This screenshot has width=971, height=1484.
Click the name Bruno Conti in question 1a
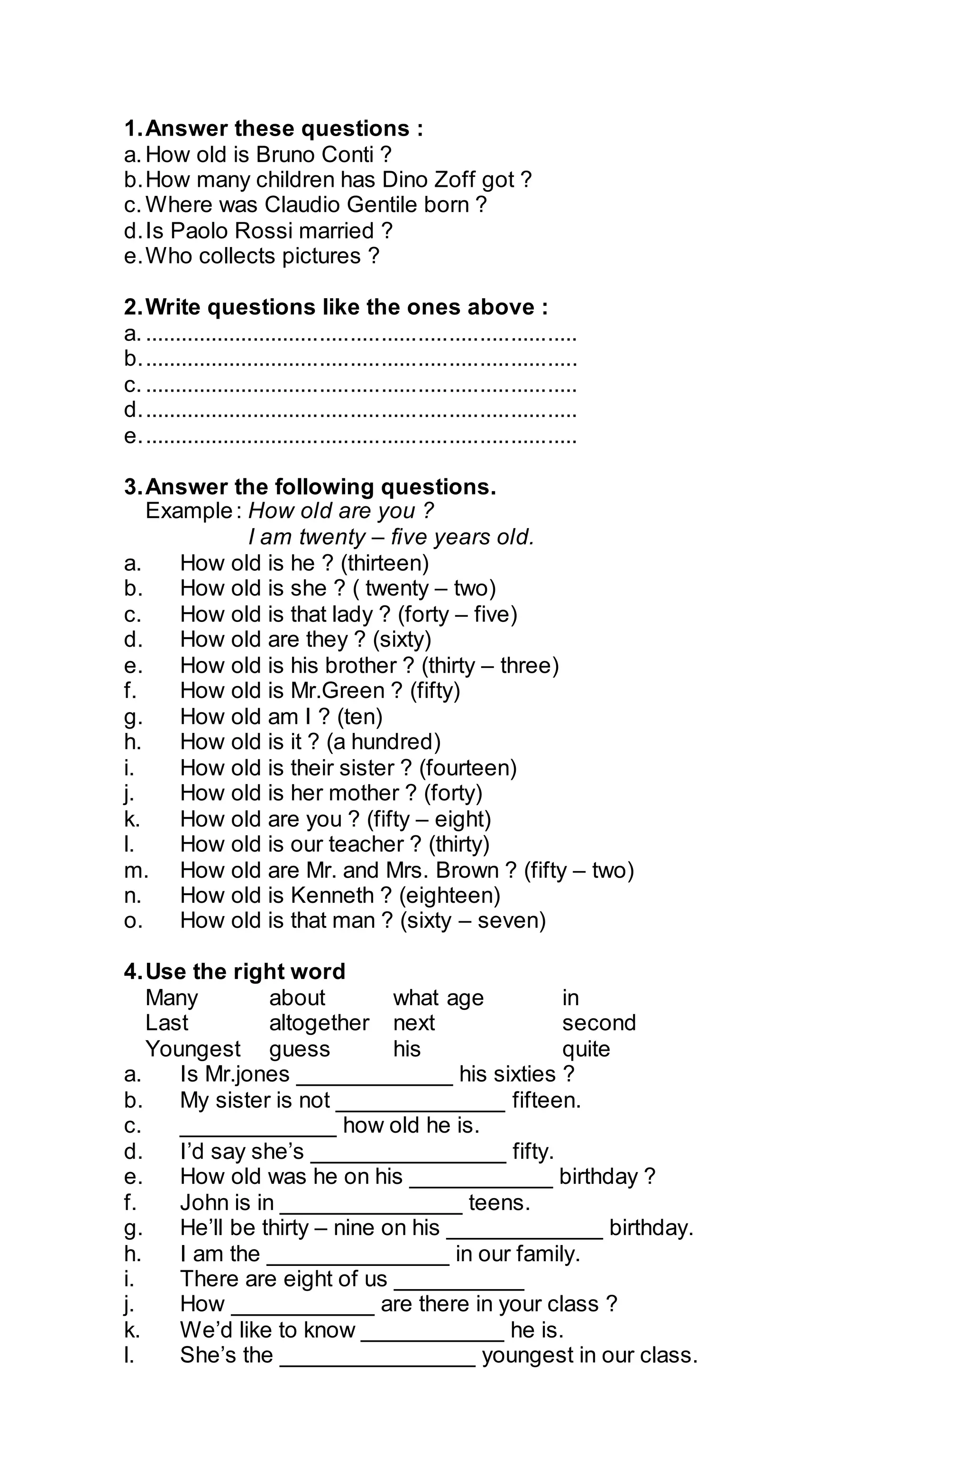(314, 154)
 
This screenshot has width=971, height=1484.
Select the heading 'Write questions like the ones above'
(346, 307)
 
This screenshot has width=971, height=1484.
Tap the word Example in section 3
(188, 511)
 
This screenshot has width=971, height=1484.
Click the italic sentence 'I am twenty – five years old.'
(391, 536)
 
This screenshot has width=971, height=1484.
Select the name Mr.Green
(338, 690)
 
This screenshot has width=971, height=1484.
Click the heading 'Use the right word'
(245, 971)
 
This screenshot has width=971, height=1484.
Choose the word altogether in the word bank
(319, 1023)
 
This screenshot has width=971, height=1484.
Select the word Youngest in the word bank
(192, 1049)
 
